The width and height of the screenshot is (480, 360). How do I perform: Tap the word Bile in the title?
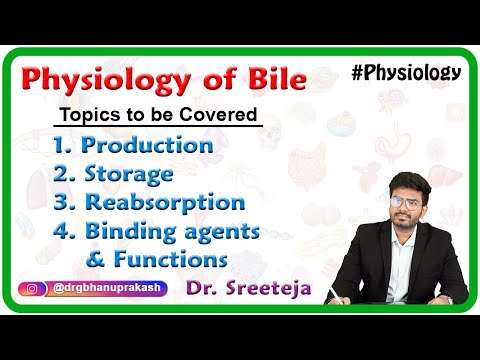(x=267, y=80)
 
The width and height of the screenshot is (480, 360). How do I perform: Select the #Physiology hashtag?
(x=407, y=71)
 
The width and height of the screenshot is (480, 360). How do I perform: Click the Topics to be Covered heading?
(x=159, y=114)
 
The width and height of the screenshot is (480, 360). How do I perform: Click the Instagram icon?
(x=31, y=290)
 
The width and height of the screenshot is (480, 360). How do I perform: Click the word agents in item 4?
(x=233, y=233)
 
